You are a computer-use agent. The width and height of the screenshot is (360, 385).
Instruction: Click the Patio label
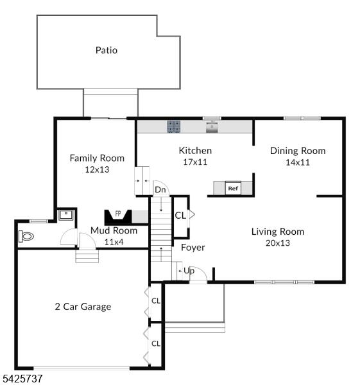(107, 50)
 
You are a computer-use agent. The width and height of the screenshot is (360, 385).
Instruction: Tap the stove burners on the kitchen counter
(174, 126)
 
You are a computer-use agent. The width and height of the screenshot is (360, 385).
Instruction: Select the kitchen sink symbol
(212, 126)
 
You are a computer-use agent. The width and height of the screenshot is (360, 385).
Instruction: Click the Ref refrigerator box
(233, 188)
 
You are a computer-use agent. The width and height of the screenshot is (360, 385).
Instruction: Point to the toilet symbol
(26, 236)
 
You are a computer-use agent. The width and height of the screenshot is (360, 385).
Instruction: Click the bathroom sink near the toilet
(66, 215)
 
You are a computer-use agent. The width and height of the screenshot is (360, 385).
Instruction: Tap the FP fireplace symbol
(118, 217)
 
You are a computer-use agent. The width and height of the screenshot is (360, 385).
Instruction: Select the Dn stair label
(160, 189)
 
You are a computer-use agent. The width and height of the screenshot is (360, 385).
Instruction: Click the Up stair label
(189, 271)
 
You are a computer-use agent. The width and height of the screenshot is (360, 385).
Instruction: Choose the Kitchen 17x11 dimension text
(195, 162)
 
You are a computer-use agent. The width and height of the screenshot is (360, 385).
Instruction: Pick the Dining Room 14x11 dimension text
(298, 162)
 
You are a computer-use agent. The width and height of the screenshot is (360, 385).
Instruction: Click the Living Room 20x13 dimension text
(278, 243)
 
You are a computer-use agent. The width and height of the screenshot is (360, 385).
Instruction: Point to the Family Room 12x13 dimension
(97, 169)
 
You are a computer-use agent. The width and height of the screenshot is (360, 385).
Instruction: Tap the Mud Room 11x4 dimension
(114, 242)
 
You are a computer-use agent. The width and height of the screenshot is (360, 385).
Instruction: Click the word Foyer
(193, 248)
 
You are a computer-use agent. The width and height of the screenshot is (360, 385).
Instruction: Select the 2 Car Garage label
(83, 307)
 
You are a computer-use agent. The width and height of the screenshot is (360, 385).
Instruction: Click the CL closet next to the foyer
(180, 216)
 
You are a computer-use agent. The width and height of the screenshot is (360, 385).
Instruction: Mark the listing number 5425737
(22, 379)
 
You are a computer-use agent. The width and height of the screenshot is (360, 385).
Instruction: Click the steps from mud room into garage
(87, 256)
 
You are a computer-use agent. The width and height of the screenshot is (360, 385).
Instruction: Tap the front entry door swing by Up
(198, 274)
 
